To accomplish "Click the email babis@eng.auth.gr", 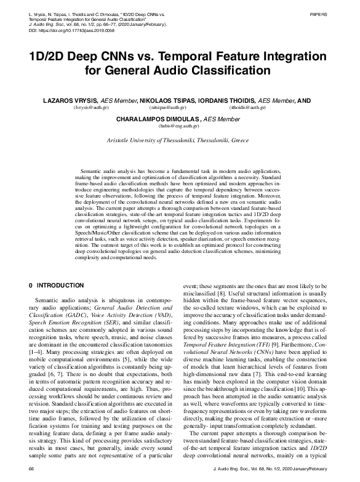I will [179, 127].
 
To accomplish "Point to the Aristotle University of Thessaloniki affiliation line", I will [179, 140].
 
